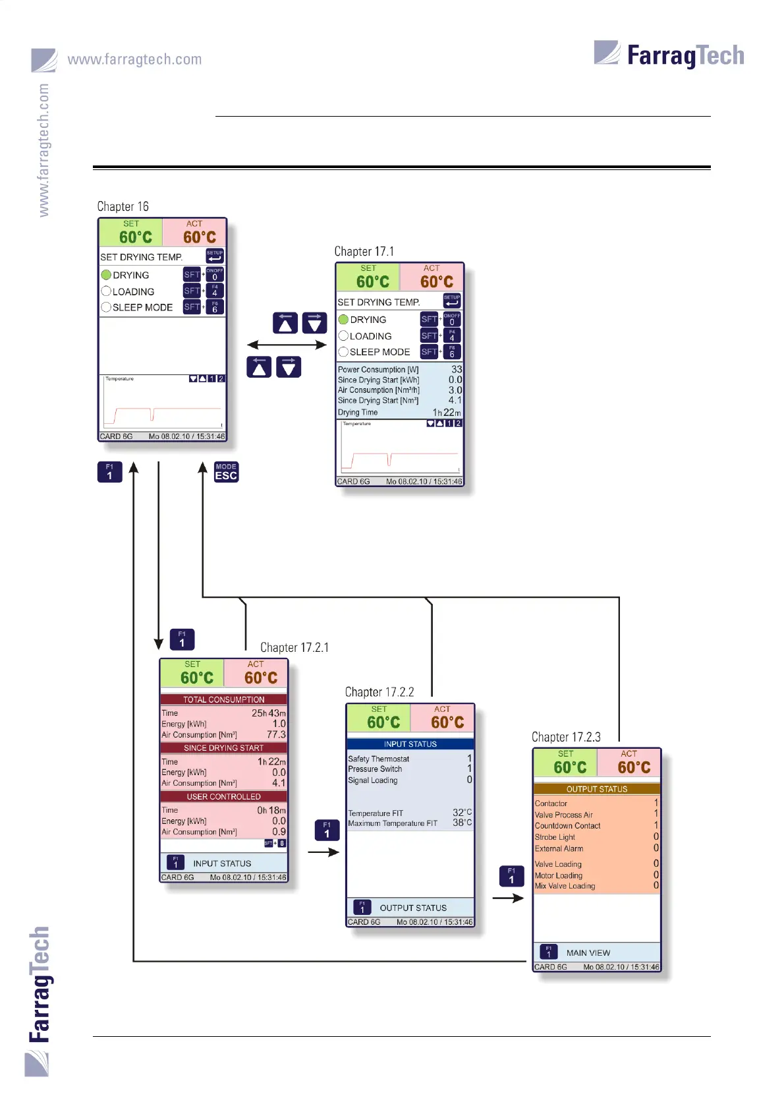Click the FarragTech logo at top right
click(669, 55)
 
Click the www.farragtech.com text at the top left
click(134, 59)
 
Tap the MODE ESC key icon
click(226, 472)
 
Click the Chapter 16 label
click(123, 206)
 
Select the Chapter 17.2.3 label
click(566, 737)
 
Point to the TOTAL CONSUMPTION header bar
click(223, 699)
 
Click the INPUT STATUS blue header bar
click(410, 744)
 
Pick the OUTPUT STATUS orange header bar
click(596, 789)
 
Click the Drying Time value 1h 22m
click(447, 413)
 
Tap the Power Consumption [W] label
click(378, 370)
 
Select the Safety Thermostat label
click(379, 759)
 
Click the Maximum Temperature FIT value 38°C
click(462, 823)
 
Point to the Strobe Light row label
click(555, 837)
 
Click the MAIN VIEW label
click(588, 952)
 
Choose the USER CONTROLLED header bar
click(223, 797)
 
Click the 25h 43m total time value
click(268, 713)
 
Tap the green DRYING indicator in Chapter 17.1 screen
click(343, 320)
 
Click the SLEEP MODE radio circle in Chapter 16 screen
click(106, 307)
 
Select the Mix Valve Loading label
click(565, 886)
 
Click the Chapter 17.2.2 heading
click(379, 692)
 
